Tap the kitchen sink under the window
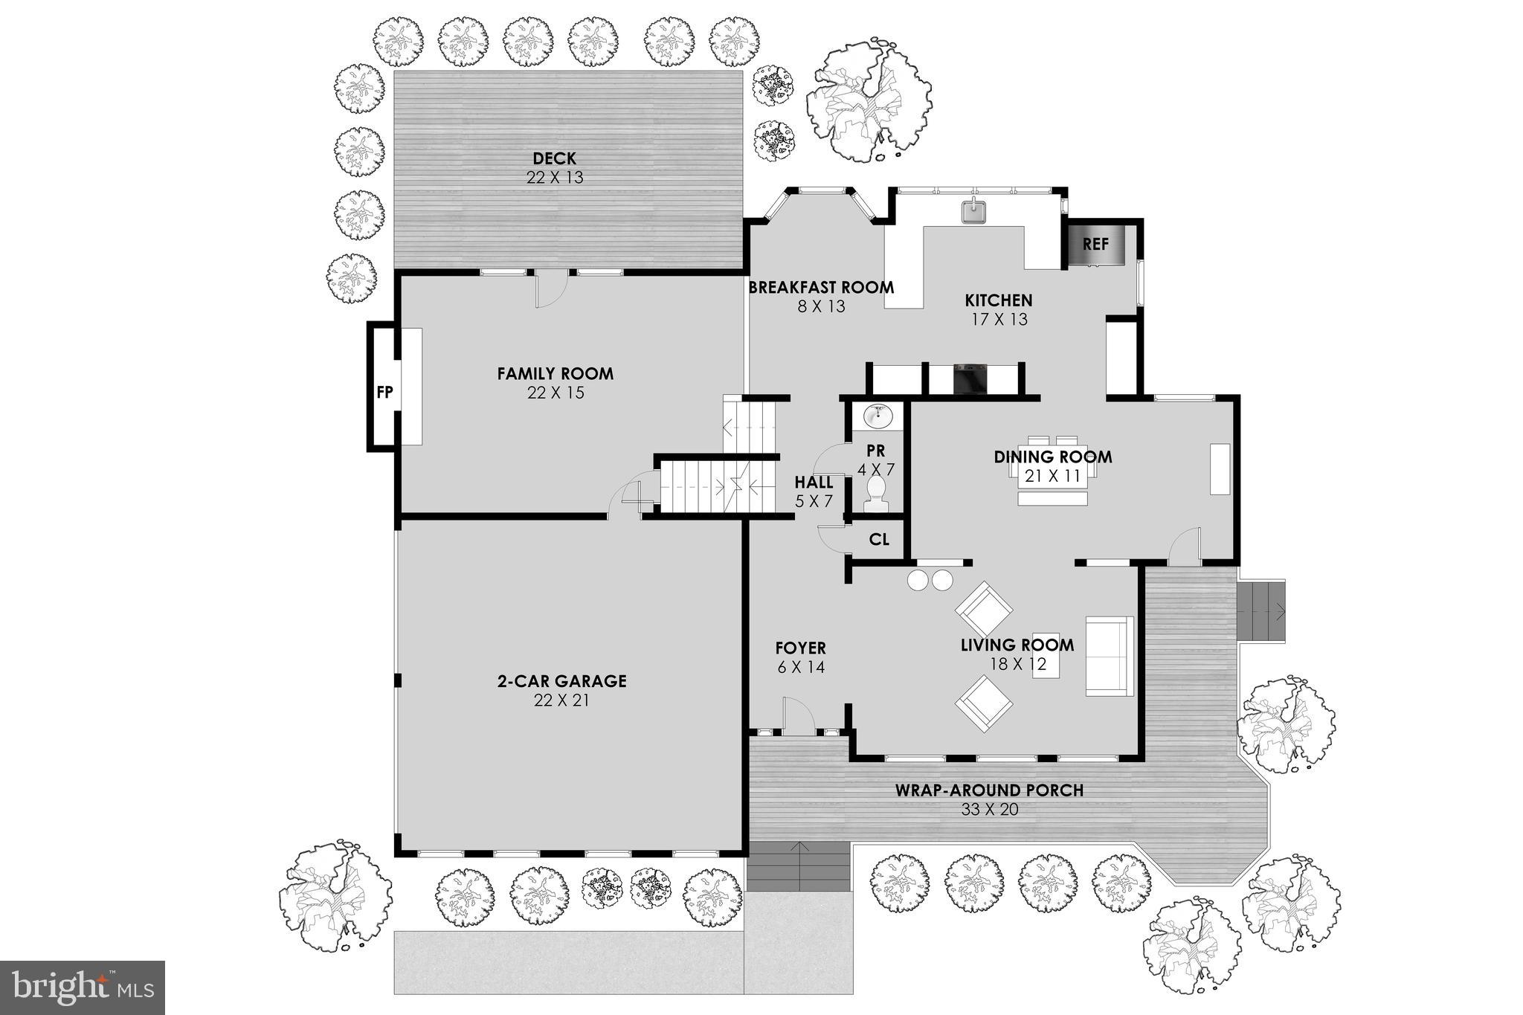coord(973,211)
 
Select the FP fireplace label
coord(384,392)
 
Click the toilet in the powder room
coord(877,494)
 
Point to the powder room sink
coord(878,416)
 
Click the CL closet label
coord(879,539)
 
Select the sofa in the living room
coord(1109,656)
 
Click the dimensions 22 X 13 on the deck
coord(555,178)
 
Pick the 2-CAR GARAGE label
coord(561,680)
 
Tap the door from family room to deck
coord(551,290)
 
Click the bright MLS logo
coord(83,987)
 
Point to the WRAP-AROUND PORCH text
coord(988,790)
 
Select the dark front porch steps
coord(799,866)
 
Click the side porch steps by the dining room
coord(1261,612)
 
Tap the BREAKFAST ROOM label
coord(821,287)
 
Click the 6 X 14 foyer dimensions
coord(801,668)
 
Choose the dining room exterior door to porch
coord(1185,547)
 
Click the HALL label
coord(814,482)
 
